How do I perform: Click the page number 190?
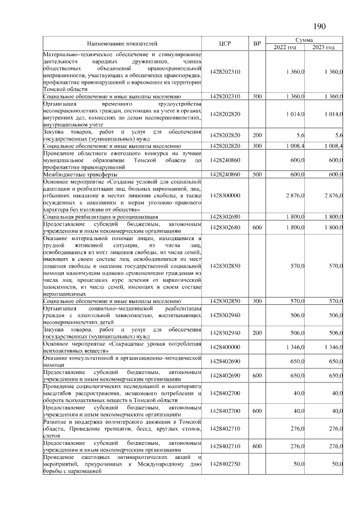tap(319, 26)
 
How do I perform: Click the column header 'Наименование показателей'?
tap(122, 43)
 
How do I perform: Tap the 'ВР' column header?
tap(257, 43)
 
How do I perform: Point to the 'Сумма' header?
tap(304, 40)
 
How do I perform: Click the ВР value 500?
tap(257, 175)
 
